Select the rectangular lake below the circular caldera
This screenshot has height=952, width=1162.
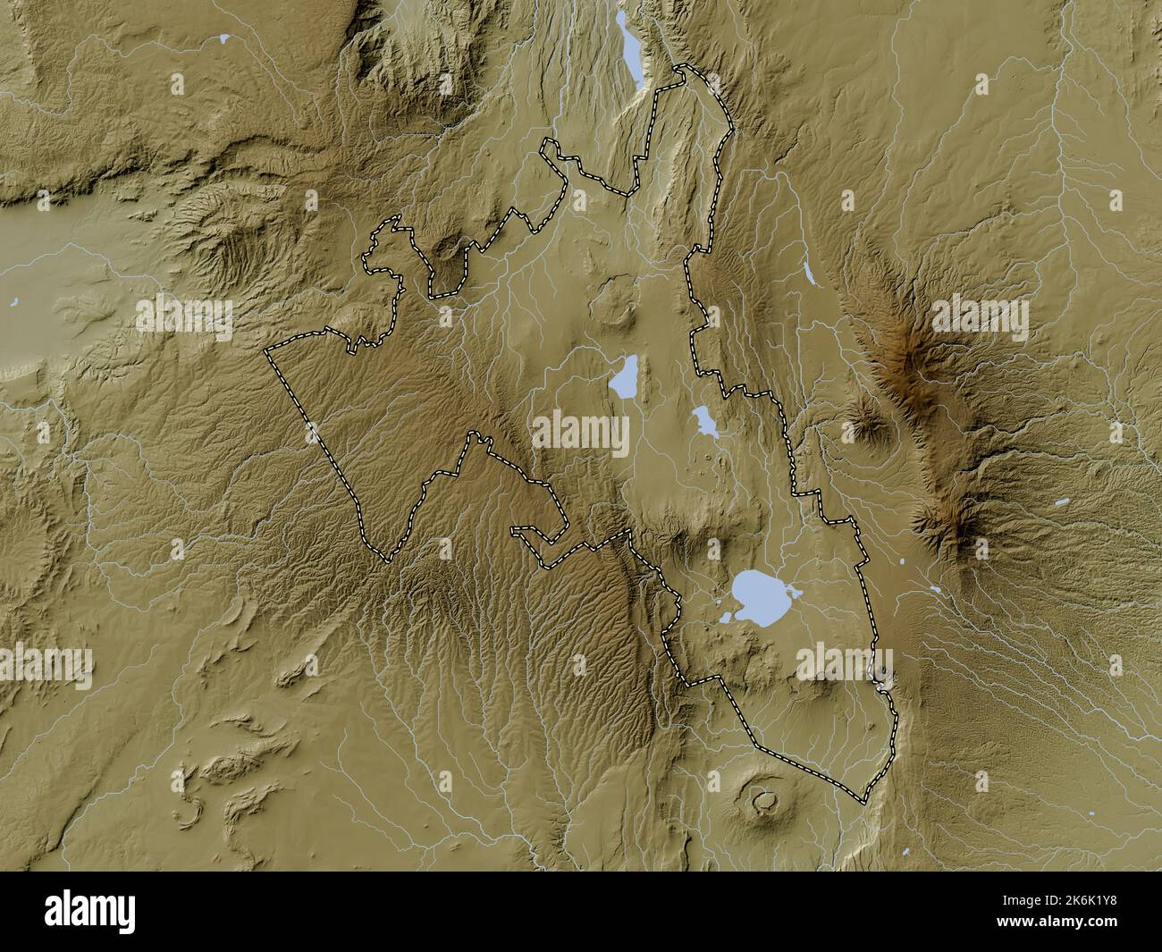pyautogui.click(x=624, y=376)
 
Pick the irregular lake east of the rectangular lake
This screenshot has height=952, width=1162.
pyautogui.click(x=703, y=418)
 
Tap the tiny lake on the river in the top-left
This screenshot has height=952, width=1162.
pyautogui.click(x=223, y=38)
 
